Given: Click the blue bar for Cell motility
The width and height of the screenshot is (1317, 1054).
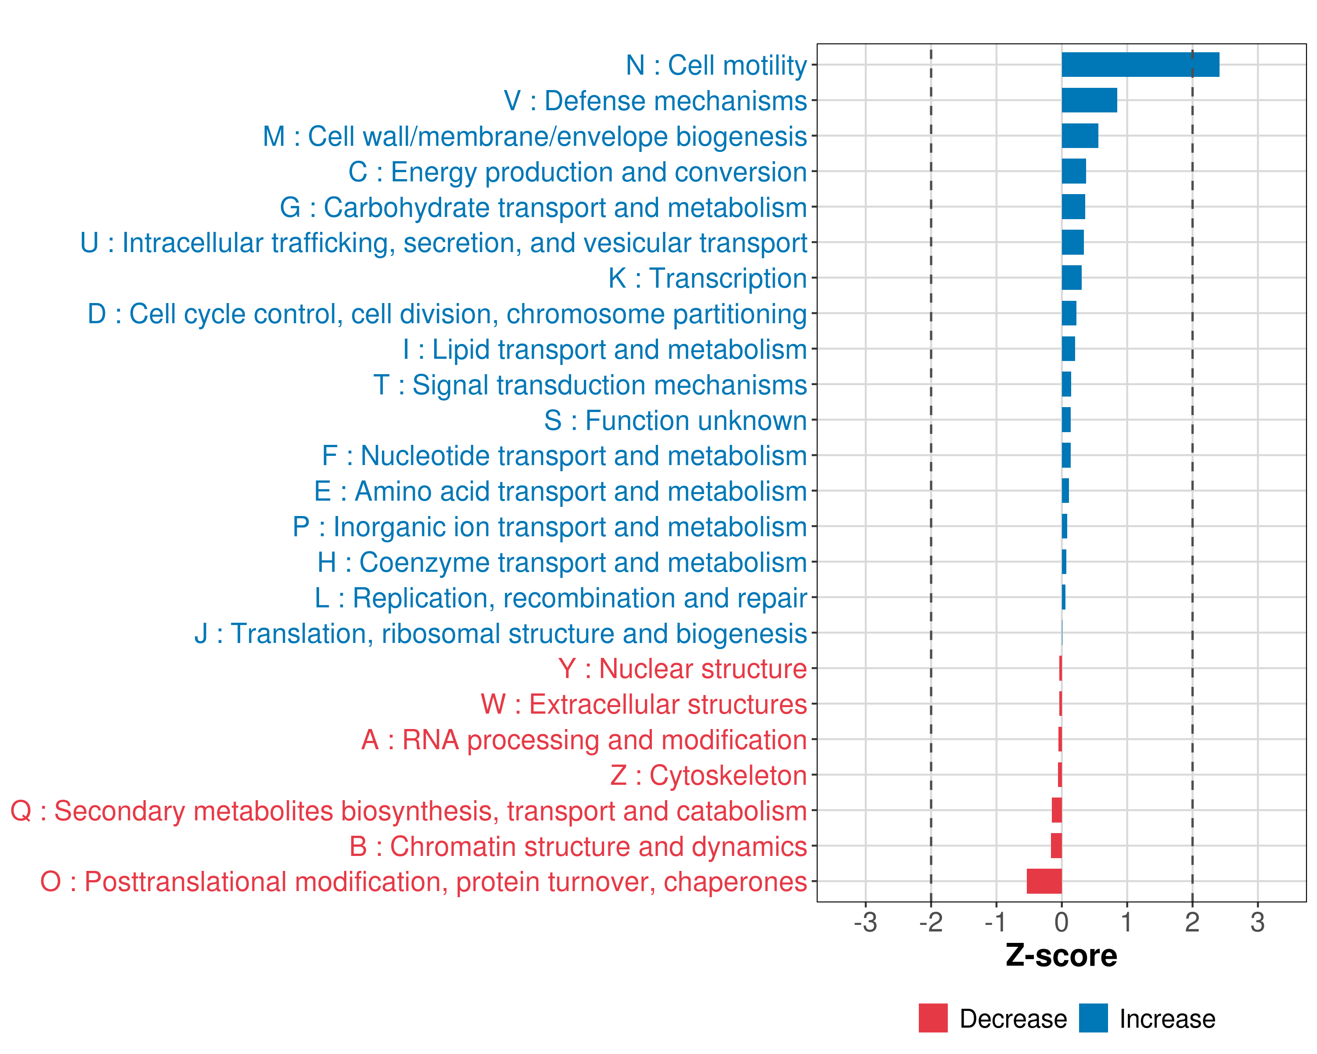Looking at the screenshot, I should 1140,65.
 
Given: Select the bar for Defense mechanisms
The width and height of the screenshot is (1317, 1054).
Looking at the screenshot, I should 1089,100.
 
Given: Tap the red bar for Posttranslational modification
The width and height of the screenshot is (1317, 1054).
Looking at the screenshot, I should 1044,881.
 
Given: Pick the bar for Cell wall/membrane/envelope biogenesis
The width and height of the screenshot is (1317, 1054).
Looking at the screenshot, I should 1080,136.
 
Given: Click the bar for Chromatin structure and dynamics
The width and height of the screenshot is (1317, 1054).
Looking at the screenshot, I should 1056,846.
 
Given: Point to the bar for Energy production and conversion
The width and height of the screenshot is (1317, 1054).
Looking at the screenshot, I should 1073,171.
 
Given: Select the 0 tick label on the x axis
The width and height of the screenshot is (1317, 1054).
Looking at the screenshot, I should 1062,922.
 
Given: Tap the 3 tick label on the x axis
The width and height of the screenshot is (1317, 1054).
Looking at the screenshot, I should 1257,922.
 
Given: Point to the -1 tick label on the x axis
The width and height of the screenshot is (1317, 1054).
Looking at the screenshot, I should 996,922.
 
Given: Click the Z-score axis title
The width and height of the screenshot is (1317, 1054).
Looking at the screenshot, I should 1061,956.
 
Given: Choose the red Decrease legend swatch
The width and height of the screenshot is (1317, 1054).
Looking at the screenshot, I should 933,1018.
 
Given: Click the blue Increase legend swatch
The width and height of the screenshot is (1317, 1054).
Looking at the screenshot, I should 1093,1018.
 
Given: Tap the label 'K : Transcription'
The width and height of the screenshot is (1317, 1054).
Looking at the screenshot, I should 707,278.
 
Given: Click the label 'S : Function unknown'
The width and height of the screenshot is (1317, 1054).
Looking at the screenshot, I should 676,420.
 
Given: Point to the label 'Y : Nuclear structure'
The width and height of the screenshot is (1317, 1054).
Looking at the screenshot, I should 682,669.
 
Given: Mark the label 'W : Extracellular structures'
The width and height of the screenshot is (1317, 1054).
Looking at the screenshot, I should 644,704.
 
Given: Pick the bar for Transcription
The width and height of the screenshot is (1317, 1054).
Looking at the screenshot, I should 1072,278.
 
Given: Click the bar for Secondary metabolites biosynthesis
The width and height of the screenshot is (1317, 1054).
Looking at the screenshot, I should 1057,810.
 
